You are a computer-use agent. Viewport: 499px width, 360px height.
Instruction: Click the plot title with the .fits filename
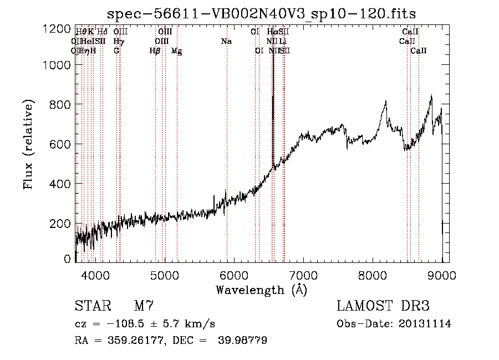261,13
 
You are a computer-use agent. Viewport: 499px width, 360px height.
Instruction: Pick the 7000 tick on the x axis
303,274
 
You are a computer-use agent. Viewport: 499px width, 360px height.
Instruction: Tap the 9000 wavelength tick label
442,274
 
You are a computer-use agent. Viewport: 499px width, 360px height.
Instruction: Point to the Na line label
226,42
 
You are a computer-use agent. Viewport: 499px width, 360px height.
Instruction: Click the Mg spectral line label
176,51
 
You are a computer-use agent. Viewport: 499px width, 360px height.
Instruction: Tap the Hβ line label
155,51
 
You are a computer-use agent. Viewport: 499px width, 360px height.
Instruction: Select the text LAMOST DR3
383,306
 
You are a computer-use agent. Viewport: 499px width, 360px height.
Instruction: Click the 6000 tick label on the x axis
233,274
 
